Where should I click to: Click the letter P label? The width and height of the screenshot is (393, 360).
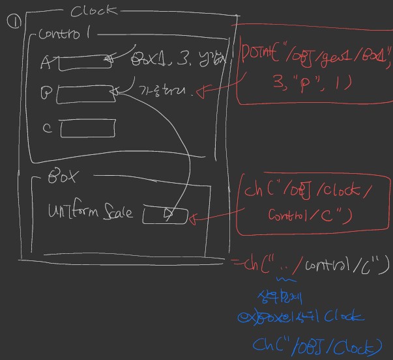(x=46, y=94)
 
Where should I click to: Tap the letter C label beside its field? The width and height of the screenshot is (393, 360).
(x=47, y=128)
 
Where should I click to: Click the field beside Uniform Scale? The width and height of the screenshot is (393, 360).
(x=164, y=215)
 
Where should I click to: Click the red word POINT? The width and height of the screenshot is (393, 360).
(x=263, y=52)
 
